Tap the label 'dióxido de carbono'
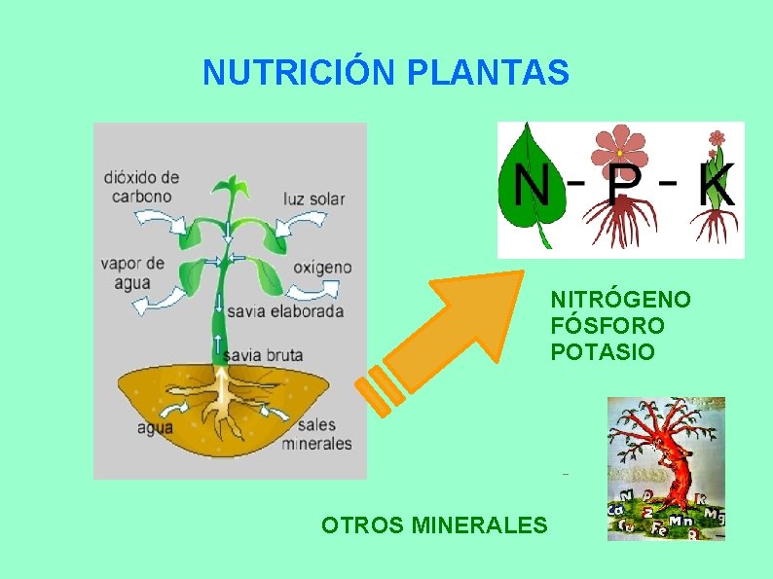142,186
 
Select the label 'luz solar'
313,199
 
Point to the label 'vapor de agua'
131,272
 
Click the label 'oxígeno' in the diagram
322,267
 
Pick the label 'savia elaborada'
285,311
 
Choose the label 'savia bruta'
263,355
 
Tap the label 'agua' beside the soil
154,426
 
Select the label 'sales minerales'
317,435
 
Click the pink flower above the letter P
620,147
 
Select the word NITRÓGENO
620,299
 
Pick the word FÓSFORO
607,325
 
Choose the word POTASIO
603,351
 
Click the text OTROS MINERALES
434,525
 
